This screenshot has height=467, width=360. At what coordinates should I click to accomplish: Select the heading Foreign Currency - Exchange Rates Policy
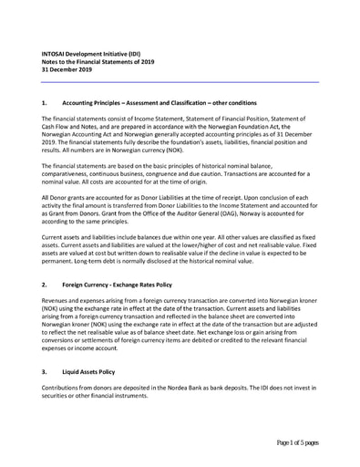click(x=117, y=285)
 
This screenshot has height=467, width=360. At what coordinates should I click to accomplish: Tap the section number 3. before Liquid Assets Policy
click(x=46, y=372)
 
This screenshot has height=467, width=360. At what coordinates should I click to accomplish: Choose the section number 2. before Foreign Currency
click(x=46, y=285)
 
